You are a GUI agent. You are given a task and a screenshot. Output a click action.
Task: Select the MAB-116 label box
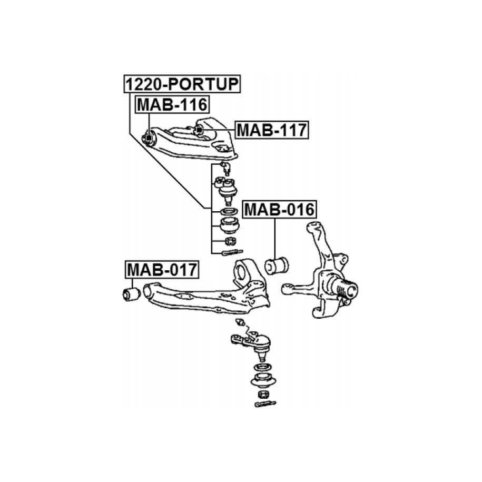coord(164,104)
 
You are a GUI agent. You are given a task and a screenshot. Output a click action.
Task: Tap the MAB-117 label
coord(271,129)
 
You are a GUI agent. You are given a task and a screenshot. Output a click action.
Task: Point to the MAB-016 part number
coord(279,210)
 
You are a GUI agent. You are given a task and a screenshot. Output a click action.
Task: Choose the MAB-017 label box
coord(162,270)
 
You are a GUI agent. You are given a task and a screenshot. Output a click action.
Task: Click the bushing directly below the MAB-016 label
coord(277,264)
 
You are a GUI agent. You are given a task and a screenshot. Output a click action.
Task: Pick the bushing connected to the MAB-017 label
coord(130,293)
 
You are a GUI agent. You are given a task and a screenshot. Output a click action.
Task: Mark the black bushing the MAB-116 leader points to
coord(149,139)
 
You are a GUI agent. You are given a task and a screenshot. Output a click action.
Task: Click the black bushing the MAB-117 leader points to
coord(199,130)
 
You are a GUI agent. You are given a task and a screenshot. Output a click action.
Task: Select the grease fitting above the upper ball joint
coord(226,168)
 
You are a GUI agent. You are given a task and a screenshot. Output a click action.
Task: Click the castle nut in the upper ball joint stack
coord(229,241)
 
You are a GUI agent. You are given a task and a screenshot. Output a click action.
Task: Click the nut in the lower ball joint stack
coord(262,394)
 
